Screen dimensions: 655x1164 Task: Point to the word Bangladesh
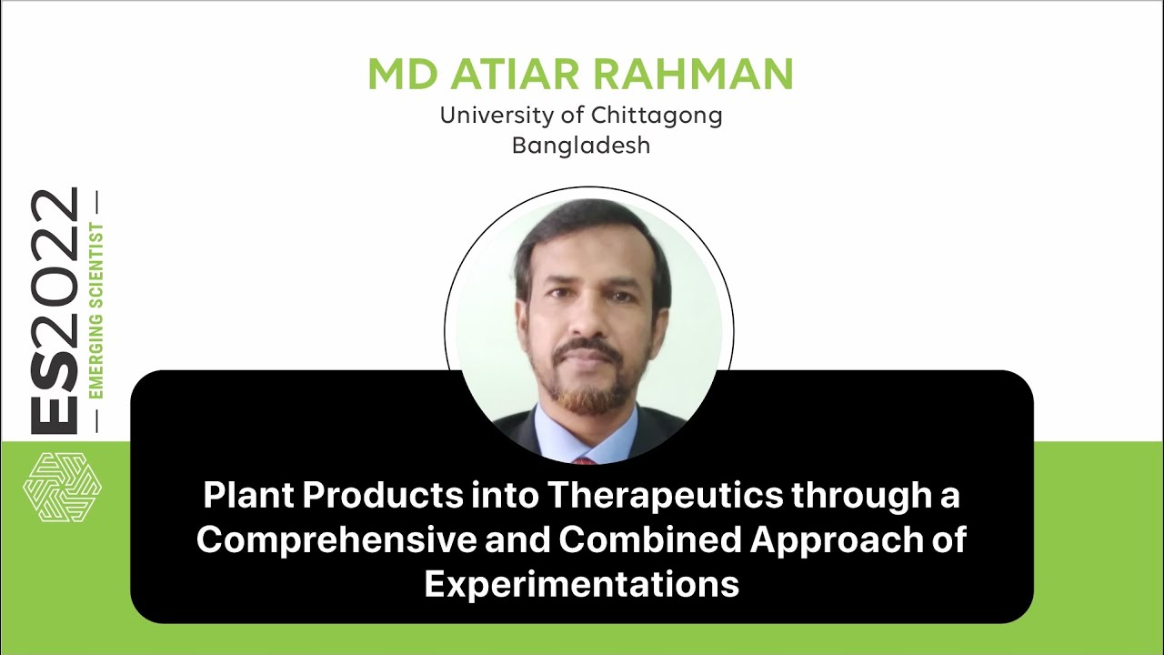point(581,145)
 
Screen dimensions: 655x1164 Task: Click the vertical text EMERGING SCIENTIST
point(95,309)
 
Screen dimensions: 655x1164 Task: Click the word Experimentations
point(581,583)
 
